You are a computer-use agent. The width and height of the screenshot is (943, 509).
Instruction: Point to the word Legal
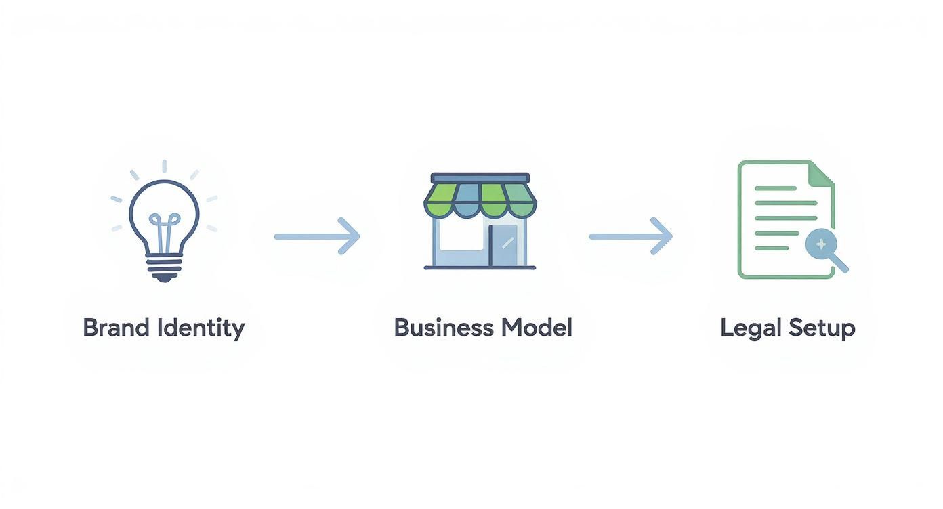coord(749,328)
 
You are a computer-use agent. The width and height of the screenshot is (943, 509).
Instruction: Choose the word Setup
coord(821,329)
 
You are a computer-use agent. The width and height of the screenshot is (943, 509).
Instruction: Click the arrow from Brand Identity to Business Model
coord(316,236)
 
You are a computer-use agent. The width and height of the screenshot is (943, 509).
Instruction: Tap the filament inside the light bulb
coord(165,230)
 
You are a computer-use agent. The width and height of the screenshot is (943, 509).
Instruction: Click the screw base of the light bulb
coord(165,267)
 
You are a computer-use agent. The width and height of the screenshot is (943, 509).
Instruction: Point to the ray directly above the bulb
coord(164,167)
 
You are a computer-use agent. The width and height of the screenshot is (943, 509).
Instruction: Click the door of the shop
coord(502,245)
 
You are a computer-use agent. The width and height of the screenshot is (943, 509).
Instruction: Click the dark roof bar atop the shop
coord(480,177)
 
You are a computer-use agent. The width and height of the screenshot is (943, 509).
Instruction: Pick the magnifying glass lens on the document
coord(820,243)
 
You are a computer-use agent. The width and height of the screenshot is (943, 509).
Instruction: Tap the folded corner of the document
coord(822,173)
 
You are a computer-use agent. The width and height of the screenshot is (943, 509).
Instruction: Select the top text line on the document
coord(775,187)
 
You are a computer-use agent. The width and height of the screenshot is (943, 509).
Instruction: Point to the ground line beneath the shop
coord(480,268)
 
